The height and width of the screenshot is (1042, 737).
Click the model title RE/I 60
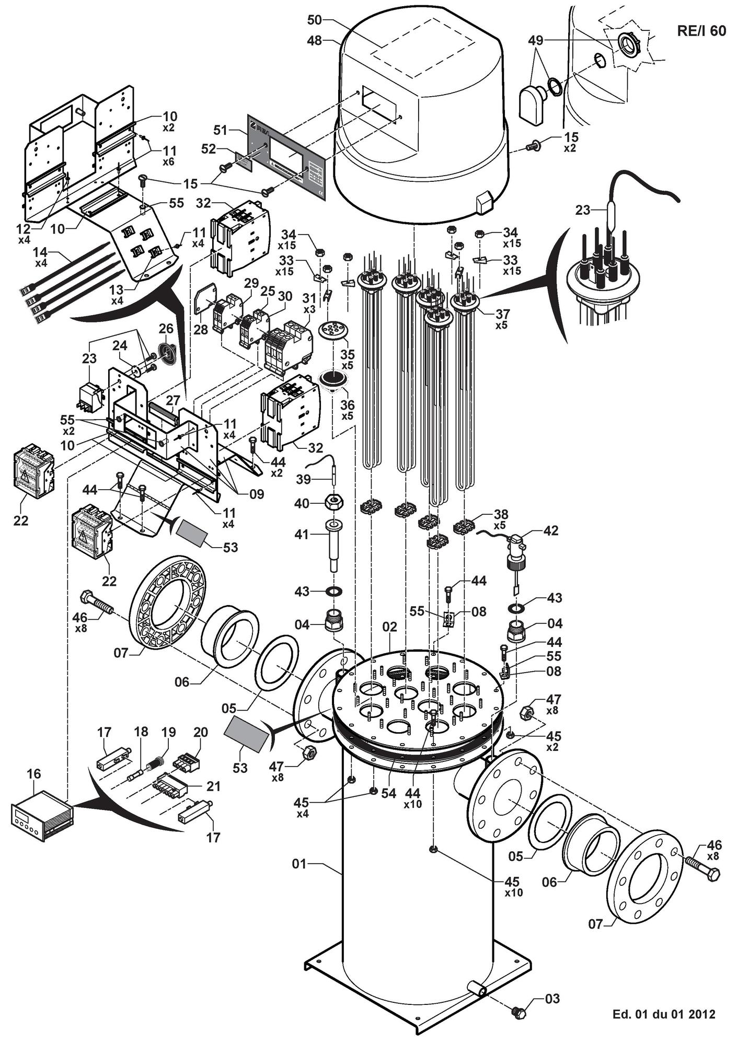[701, 31]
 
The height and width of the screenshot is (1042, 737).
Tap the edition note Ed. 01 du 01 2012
[663, 1015]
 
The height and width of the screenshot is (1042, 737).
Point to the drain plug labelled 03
[519, 1013]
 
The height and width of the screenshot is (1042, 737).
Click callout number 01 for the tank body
[299, 864]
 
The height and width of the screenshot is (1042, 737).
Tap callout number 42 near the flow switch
[551, 530]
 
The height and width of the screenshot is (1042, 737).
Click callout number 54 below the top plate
[389, 793]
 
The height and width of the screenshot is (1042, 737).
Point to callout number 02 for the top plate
[390, 627]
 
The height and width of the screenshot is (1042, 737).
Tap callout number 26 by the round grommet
[166, 329]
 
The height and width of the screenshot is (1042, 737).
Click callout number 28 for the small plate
[202, 329]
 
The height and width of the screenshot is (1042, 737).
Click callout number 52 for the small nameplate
[209, 149]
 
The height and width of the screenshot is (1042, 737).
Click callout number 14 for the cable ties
[41, 252]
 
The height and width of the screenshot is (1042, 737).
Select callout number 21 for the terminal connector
[213, 786]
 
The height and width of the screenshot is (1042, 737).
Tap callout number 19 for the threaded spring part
[169, 732]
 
